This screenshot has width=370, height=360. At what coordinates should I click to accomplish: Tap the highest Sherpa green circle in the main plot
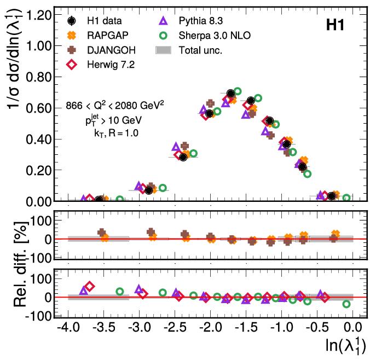[x=237, y=91]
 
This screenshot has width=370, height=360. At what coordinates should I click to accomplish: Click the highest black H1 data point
[x=231, y=94]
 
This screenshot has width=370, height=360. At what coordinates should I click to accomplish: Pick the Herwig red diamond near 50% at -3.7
[x=90, y=286]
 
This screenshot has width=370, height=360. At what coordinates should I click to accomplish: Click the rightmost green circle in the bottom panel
[x=346, y=304]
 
